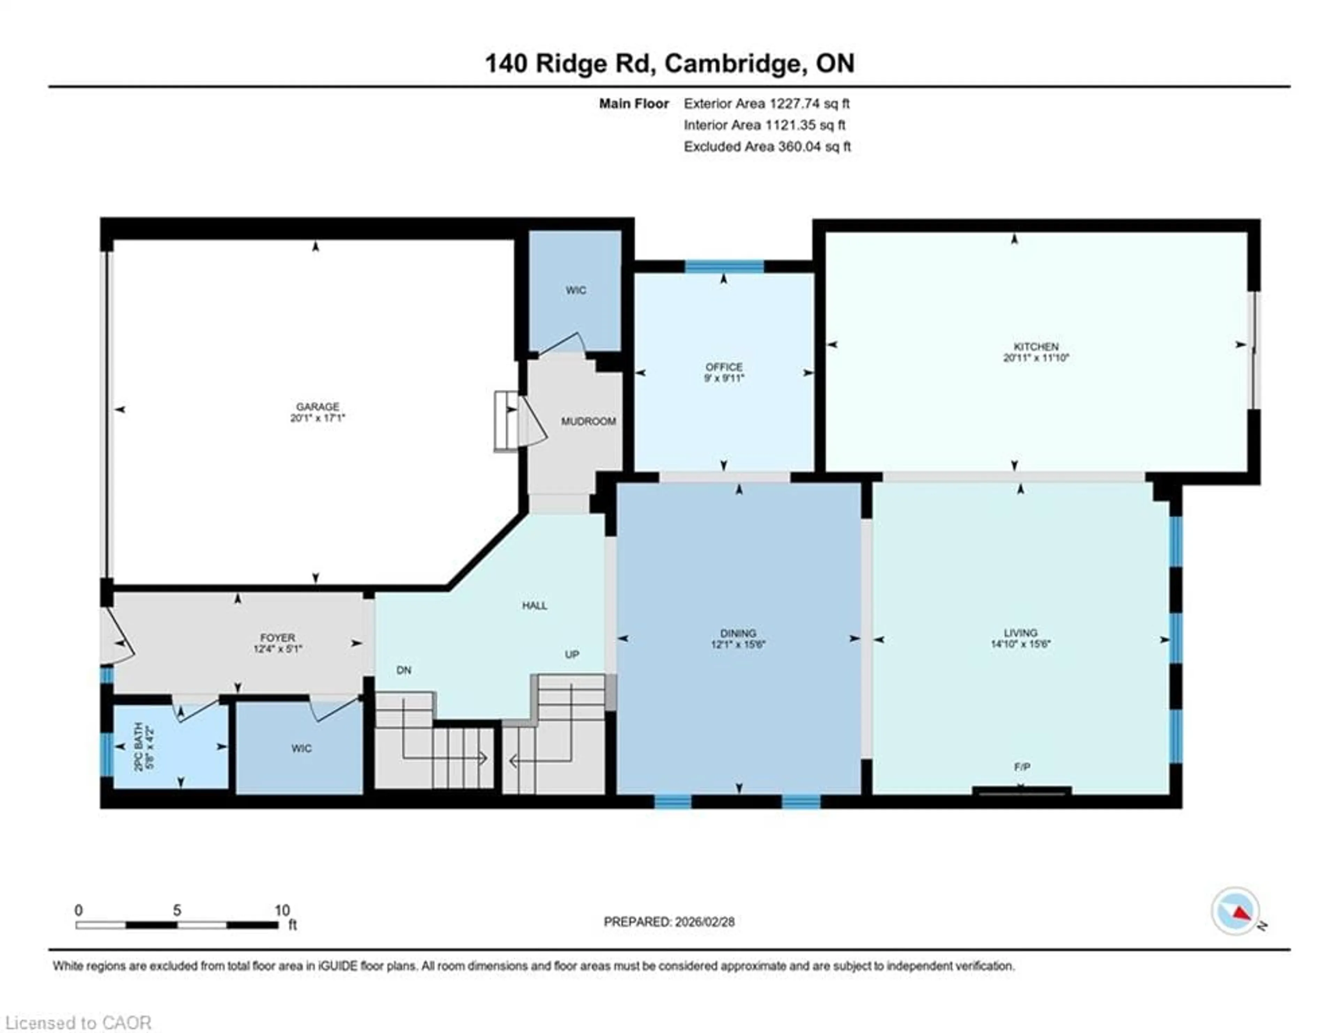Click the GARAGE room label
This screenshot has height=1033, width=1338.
(317, 407)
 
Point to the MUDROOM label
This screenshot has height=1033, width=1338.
(588, 422)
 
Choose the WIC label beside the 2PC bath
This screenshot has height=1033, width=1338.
(301, 749)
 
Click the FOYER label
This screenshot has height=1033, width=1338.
(277, 638)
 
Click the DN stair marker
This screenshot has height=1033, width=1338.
(404, 670)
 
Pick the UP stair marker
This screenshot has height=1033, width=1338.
(571, 655)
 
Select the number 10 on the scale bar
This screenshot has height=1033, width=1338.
(282, 910)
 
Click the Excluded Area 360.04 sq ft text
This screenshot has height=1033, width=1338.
(767, 146)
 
